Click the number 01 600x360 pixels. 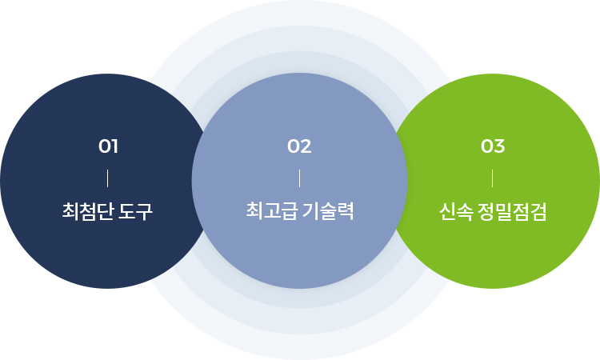coord(108,146)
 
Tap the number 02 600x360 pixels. coord(299,146)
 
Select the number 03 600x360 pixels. coord(493,146)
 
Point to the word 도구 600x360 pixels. coord(135,211)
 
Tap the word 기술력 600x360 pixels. coord(328,210)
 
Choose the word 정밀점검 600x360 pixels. coord(512,211)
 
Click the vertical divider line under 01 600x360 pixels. coord(108,178)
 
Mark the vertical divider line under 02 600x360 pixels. coord(300,178)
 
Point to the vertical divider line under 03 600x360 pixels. coord(493,178)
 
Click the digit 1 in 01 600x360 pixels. coord(114,146)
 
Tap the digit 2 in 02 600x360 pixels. coord(306,146)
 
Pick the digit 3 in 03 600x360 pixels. coord(499,146)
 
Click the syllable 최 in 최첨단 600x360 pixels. coord(70,211)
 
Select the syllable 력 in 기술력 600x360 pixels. coord(346,210)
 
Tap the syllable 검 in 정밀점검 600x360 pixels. coord(538,211)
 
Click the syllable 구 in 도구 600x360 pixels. coord(144,211)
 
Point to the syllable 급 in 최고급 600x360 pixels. coord(289,210)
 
